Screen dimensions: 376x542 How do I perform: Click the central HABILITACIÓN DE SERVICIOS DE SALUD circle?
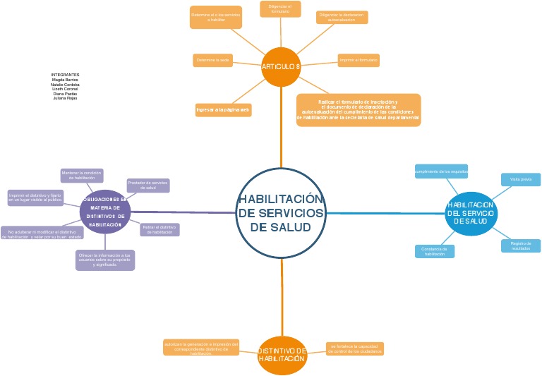[x=281, y=214]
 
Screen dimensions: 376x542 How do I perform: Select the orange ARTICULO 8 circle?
[x=281, y=66]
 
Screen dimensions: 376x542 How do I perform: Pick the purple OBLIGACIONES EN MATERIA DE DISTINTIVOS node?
[x=106, y=212]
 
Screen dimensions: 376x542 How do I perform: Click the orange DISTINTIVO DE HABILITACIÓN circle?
[x=281, y=355]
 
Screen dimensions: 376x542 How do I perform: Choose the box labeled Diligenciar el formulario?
[x=280, y=8]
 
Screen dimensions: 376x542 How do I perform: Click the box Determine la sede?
[x=213, y=61]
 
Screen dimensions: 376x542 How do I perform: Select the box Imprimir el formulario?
[x=359, y=61]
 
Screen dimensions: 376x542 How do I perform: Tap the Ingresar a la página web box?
[x=223, y=110]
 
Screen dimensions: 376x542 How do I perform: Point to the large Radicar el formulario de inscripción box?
[x=359, y=110]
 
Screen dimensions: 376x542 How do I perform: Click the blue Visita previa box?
[x=521, y=180]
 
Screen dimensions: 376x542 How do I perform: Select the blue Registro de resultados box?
[x=521, y=245]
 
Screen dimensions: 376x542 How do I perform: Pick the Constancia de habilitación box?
[x=435, y=251]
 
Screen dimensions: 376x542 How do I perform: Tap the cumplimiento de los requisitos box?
[x=441, y=171]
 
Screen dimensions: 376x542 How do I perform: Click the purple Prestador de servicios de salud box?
[x=147, y=186]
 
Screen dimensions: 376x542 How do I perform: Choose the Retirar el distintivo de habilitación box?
[x=160, y=229]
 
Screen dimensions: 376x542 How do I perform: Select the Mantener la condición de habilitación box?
[x=83, y=176]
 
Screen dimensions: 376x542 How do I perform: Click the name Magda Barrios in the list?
[x=65, y=80]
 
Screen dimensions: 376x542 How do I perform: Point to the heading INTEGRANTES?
[x=65, y=74]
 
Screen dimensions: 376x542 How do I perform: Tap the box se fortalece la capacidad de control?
[x=356, y=348]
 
